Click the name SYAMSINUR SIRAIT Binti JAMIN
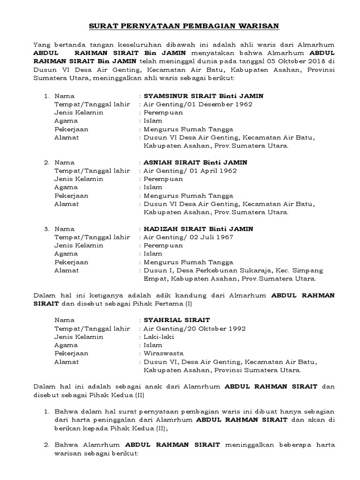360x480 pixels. pyautogui.click(x=203, y=96)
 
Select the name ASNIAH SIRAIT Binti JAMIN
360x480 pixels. pyautogui.click(x=195, y=162)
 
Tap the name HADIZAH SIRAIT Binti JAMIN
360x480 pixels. pyautogui.click(x=198, y=229)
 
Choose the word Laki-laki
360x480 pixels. pyautogui.click(x=159, y=337)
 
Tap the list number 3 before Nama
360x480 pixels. pyautogui.click(x=46, y=229)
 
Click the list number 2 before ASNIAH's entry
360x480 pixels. pyautogui.click(x=46, y=162)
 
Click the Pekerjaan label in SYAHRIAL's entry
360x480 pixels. pyautogui.click(x=71, y=353)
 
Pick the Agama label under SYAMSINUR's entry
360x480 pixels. pyautogui.click(x=66, y=121)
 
